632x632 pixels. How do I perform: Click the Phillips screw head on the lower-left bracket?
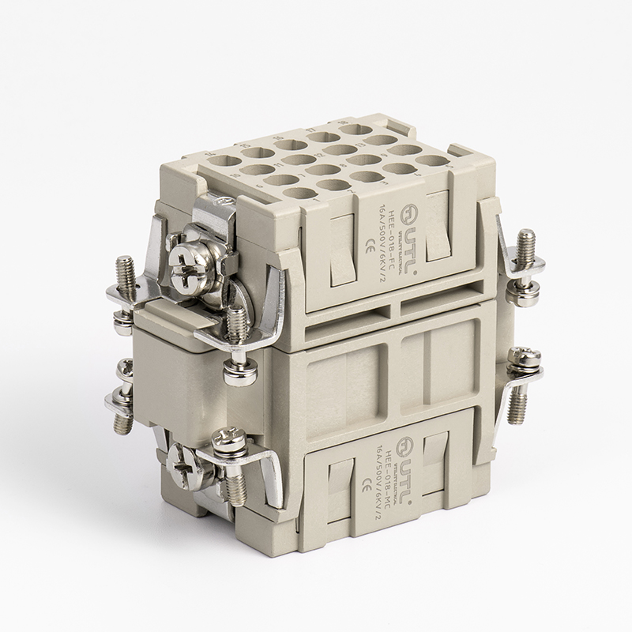pyautogui.click(x=228, y=437)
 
